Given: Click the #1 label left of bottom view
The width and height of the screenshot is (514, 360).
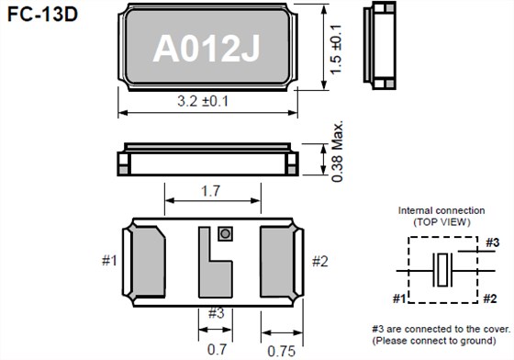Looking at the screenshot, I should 108,262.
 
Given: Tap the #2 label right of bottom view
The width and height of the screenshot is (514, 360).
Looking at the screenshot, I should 318,262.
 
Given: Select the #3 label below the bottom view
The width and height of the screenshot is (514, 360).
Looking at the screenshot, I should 216,313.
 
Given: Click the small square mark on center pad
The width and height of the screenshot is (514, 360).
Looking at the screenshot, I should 222,234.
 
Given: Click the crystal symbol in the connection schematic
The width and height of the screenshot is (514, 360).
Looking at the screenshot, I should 442,270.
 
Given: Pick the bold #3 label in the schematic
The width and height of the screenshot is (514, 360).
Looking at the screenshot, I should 492,242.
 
